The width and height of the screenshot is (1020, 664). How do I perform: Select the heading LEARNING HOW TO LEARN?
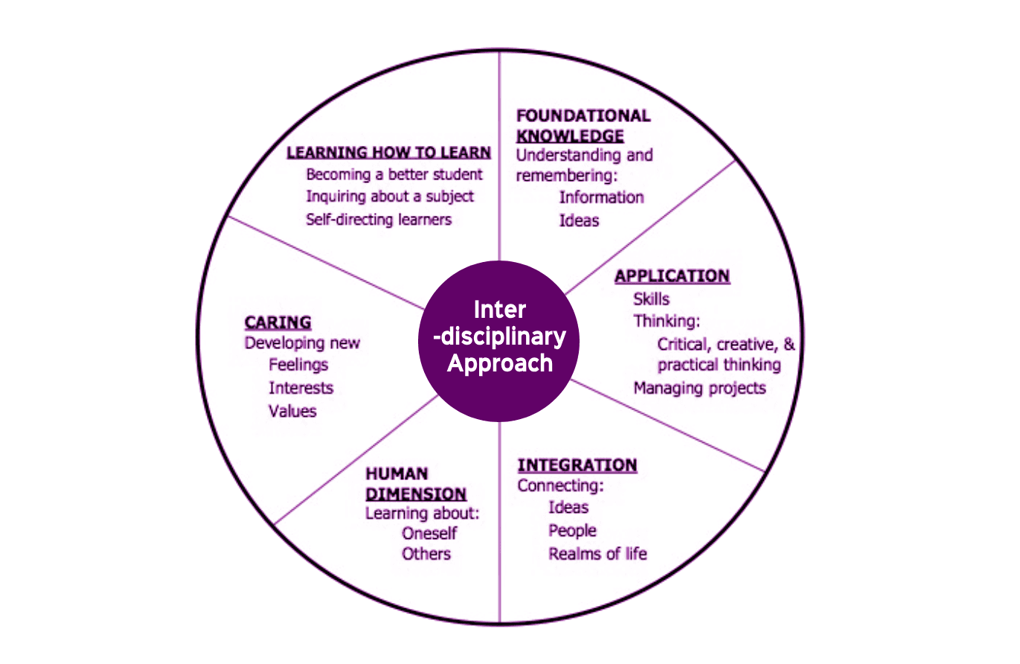pyautogui.click(x=388, y=153)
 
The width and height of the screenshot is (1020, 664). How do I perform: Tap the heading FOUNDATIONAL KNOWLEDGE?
pyautogui.click(x=583, y=126)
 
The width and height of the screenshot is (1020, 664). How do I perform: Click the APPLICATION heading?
pyautogui.click(x=672, y=276)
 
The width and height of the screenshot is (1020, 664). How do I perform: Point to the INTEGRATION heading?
pyautogui.click(x=577, y=465)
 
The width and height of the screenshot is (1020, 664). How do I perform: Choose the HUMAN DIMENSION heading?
pyautogui.click(x=415, y=484)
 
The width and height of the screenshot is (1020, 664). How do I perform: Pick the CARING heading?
pyautogui.click(x=278, y=322)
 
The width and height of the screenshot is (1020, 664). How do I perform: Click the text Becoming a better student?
pyautogui.click(x=394, y=175)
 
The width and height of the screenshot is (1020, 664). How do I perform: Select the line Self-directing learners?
pyautogui.click(x=379, y=220)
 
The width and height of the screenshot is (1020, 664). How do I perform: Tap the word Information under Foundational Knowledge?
pyautogui.click(x=601, y=197)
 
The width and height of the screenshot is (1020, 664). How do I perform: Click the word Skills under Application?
pyautogui.click(x=651, y=299)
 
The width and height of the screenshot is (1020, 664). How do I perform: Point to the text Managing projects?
pyautogui.click(x=699, y=388)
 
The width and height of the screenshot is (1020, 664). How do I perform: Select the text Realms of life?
pyautogui.click(x=597, y=554)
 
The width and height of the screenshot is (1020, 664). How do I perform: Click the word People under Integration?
pyautogui.click(x=572, y=531)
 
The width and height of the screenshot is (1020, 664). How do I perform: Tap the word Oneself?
pyautogui.click(x=429, y=534)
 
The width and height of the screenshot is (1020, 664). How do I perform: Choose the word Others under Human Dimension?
pyautogui.click(x=426, y=554)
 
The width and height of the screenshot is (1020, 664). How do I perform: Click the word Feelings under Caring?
pyautogui.click(x=298, y=365)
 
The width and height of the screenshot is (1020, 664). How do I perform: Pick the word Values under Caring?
pyautogui.click(x=292, y=411)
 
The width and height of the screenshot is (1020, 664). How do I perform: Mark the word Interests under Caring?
pyautogui.click(x=301, y=388)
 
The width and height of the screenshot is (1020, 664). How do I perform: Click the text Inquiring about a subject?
pyautogui.click(x=390, y=197)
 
